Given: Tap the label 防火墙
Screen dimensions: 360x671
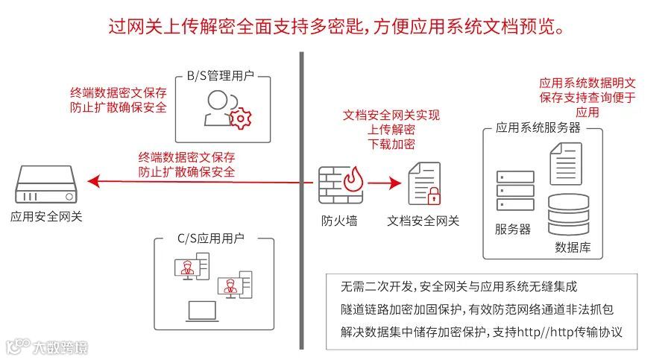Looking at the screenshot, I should coord(341,221).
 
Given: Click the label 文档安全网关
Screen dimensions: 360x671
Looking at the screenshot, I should coord(423,221).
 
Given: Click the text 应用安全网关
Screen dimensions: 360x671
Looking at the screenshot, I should coord(46,217).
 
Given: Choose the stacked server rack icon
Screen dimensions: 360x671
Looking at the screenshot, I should coord(515,192).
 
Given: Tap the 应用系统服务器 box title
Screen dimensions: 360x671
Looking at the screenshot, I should coord(538,127).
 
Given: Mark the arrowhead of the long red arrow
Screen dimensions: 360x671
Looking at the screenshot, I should coord(92,180).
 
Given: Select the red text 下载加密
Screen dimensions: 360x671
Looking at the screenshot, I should coord(391,145).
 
